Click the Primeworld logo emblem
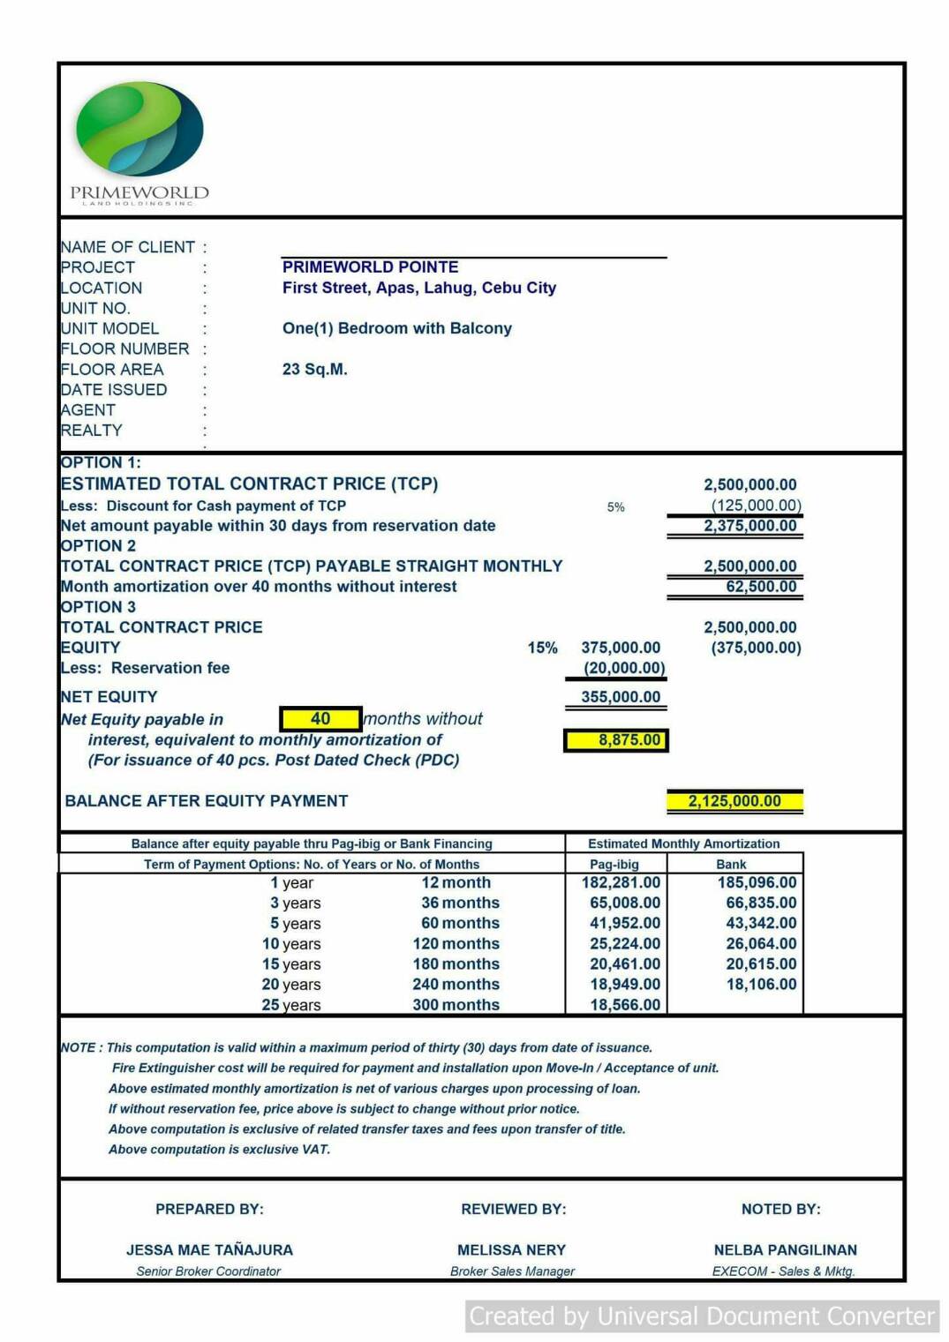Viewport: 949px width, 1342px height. pyautogui.click(x=139, y=129)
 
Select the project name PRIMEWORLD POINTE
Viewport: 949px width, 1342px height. pyautogui.click(x=370, y=266)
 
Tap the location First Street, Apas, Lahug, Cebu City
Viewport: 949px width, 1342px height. pyautogui.click(x=418, y=288)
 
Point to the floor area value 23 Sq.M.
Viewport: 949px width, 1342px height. pyautogui.click(x=314, y=369)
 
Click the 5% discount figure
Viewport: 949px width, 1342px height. pyautogui.click(x=615, y=507)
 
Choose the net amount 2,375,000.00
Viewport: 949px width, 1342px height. pyautogui.click(x=749, y=526)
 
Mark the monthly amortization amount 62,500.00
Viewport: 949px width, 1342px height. pyautogui.click(x=760, y=587)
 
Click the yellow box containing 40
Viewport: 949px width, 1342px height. pyautogui.click(x=320, y=719)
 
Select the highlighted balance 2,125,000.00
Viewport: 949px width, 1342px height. pyautogui.click(x=734, y=801)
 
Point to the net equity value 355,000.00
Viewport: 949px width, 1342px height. pyautogui.click(x=620, y=697)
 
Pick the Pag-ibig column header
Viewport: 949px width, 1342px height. pyautogui.click(x=614, y=865)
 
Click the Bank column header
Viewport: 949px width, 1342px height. pyautogui.click(x=731, y=865)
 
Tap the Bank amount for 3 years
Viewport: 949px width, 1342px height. pyautogui.click(x=760, y=903)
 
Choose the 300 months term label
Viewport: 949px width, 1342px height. pyautogui.click(x=456, y=1005)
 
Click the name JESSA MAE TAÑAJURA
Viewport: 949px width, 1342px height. pyautogui.click(x=209, y=1250)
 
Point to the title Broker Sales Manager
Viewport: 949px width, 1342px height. pyautogui.click(x=512, y=1271)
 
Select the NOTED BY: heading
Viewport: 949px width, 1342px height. pyautogui.click(x=780, y=1209)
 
